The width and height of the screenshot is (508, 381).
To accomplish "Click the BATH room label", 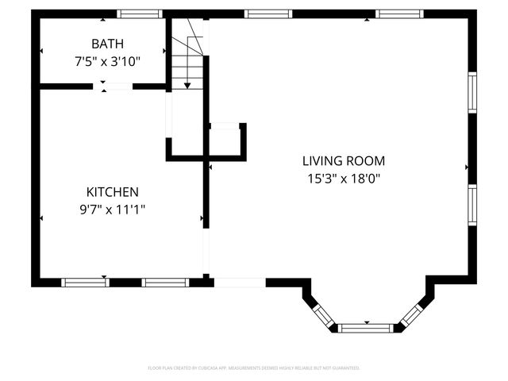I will point(106,44).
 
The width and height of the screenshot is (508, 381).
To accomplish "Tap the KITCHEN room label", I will point(112,192).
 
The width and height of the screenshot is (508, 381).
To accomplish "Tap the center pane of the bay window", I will point(366,327).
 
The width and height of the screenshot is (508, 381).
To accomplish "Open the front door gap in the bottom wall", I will point(240,282).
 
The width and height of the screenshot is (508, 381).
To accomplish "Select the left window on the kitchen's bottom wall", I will point(85,282).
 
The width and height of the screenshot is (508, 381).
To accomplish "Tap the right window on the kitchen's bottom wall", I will point(165,282).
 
